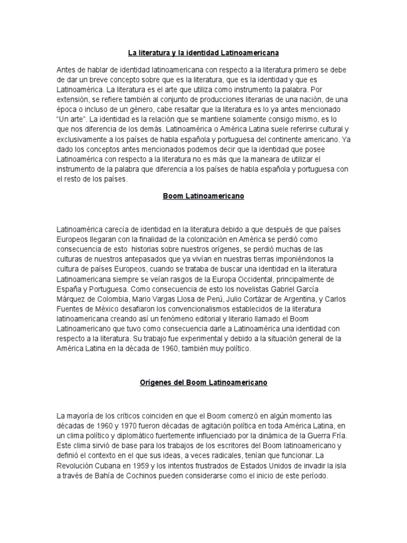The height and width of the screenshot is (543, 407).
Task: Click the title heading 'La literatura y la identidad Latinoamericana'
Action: coord(203,53)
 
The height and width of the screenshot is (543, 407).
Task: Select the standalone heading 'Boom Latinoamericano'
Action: coord(203,196)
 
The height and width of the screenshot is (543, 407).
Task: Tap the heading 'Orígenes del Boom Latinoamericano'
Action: coord(203,382)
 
